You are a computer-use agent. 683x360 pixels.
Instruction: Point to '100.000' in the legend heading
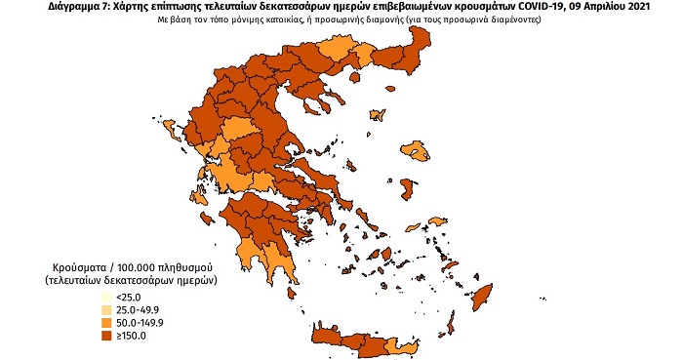135,265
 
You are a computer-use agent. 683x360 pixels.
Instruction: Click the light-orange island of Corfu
176,132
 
